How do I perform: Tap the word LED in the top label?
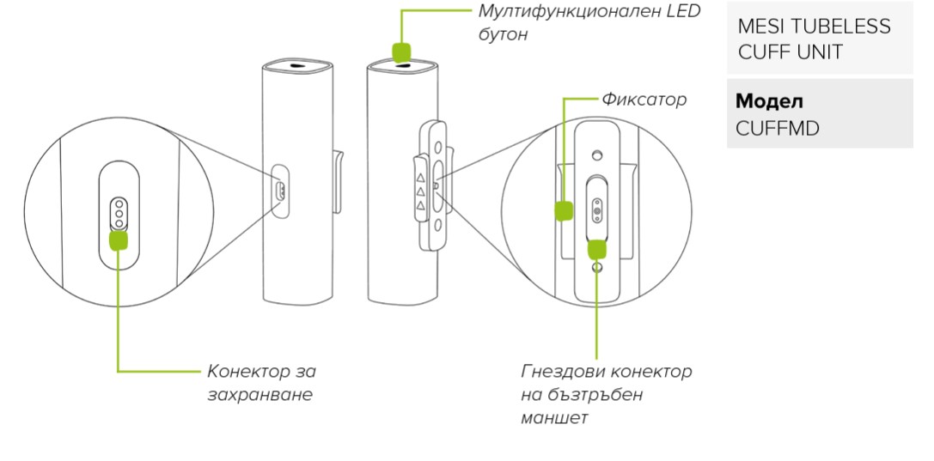coord(685,12)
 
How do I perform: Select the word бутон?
coord(503,35)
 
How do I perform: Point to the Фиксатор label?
coord(644,100)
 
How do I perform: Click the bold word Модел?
coord(769,101)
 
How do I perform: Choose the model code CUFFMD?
coord(778,128)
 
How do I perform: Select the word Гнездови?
coord(563,372)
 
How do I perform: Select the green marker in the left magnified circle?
coord(119,240)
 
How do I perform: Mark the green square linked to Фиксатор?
coord(564,210)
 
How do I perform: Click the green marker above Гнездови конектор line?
coord(596,249)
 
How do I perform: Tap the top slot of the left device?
coord(297,65)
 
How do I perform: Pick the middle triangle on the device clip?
coord(420,191)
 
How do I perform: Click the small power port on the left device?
coord(278,190)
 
